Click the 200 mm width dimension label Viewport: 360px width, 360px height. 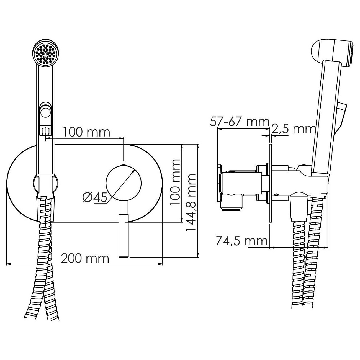tap(85, 259)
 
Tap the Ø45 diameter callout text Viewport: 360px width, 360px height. tap(95, 197)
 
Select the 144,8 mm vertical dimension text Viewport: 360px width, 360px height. tap(191, 202)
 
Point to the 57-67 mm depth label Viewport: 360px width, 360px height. tap(239, 122)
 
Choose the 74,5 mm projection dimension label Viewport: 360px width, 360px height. tap(242, 241)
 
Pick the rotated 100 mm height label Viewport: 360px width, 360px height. tap(175, 182)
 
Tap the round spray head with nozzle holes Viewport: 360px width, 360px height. tap(45, 53)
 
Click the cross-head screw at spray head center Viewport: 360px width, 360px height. tap(45, 54)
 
